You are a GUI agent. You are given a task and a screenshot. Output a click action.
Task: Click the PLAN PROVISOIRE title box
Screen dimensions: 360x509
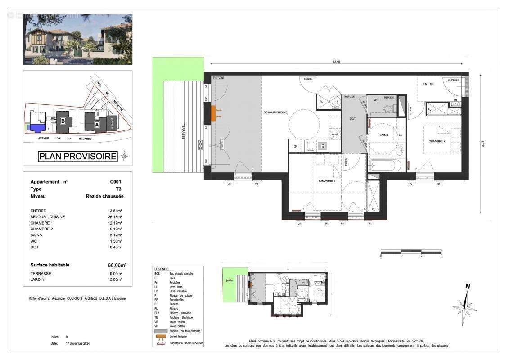(x=77, y=157)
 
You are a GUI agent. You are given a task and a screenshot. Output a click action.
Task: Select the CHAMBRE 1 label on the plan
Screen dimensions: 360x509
(x=327, y=180)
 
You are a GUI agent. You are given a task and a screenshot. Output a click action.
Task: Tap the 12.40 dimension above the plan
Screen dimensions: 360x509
(x=337, y=62)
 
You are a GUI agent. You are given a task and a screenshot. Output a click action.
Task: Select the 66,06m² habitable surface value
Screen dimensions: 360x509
(x=117, y=265)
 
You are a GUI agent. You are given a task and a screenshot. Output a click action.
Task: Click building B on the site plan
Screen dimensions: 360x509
(x=63, y=121)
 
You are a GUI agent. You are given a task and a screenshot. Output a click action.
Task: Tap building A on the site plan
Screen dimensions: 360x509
(x=96, y=124)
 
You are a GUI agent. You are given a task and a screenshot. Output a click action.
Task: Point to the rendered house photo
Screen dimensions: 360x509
(x=78, y=39)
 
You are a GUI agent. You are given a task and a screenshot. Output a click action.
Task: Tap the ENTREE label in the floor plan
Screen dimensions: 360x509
(x=428, y=84)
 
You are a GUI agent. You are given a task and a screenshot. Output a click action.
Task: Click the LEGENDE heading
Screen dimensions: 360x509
(x=161, y=269)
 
